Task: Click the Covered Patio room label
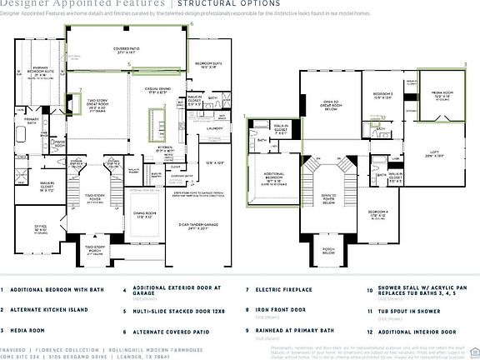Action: click(127, 50)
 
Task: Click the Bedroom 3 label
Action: click(382, 95)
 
